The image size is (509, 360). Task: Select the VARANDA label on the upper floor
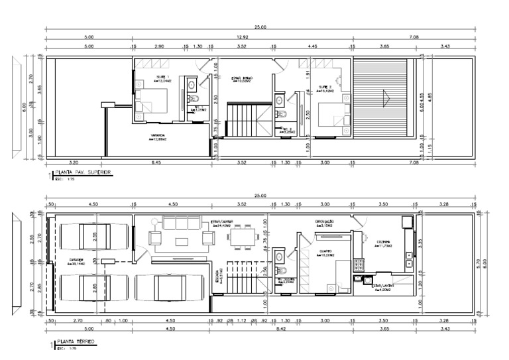[158, 137]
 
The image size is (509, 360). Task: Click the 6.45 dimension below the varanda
[157, 162]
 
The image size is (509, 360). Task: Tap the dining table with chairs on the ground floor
[243, 237]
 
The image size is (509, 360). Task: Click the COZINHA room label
[383, 243]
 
